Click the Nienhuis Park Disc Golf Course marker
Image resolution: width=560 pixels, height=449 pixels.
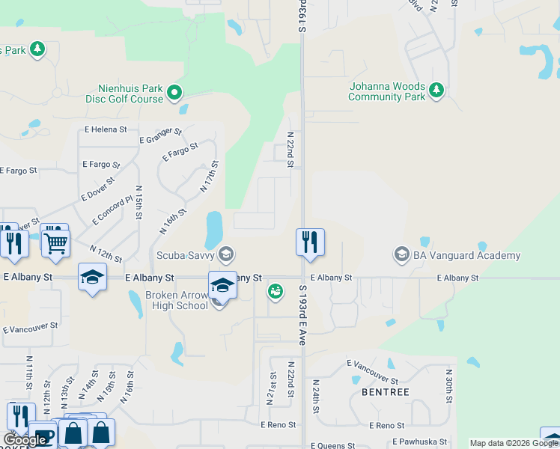point(174,93)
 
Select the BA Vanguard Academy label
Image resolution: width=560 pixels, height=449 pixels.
point(466,255)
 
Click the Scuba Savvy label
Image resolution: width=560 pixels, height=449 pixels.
point(185,255)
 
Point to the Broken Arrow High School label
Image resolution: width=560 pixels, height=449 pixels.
point(177,300)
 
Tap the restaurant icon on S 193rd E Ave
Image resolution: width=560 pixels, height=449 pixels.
point(310,242)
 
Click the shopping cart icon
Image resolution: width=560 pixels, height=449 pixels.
point(55,241)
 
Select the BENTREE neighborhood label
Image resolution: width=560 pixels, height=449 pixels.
point(385,391)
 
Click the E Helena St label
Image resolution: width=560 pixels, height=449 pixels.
point(106,129)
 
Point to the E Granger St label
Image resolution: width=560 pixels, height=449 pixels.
point(161,135)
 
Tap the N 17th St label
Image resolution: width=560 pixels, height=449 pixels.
point(209,177)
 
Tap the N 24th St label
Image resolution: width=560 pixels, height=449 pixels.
point(317,397)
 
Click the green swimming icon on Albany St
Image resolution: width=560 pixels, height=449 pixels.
point(276,290)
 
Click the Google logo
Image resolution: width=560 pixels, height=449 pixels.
point(25,440)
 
